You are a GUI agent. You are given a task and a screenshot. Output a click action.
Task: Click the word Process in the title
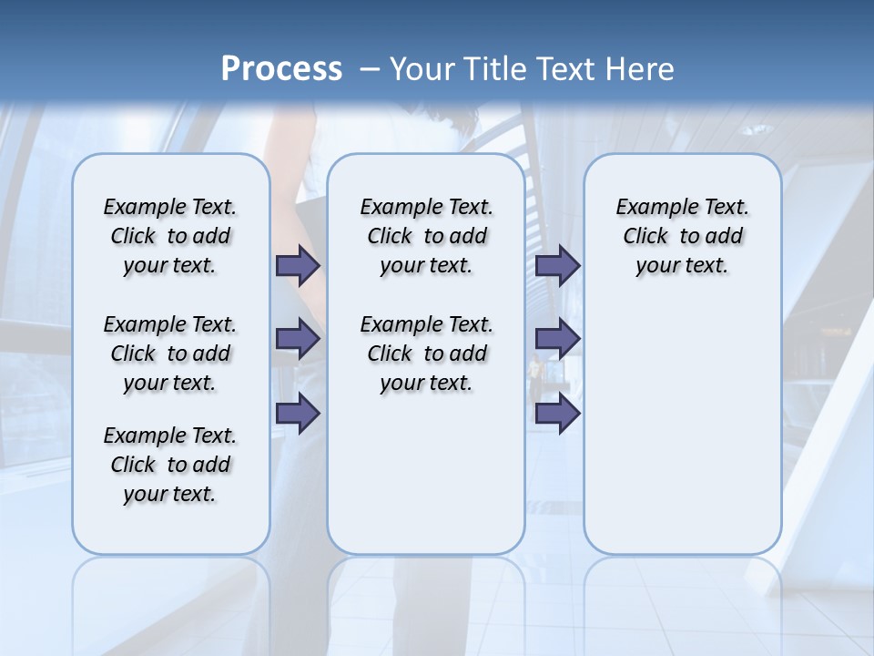(x=281, y=68)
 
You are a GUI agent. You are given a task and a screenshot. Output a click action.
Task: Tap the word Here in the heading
(x=641, y=68)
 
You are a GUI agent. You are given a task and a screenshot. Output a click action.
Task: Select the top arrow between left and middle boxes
(x=298, y=265)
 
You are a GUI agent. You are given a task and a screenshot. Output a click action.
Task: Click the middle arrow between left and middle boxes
(x=298, y=339)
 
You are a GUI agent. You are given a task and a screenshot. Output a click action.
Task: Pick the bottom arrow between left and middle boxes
(x=298, y=413)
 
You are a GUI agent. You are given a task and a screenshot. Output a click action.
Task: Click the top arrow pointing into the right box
(x=557, y=265)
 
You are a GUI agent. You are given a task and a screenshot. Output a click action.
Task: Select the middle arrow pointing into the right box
(x=557, y=339)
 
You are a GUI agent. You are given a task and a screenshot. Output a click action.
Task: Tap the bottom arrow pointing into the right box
(x=557, y=413)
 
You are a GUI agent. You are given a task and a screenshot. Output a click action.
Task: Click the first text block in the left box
(x=170, y=236)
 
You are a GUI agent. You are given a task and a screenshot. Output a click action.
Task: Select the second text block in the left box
(x=170, y=354)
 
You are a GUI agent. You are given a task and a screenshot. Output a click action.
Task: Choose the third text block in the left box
(x=170, y=465)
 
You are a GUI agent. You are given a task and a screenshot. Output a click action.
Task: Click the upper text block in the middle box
(x=426, y=236)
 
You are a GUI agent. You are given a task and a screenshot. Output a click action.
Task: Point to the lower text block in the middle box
(x=426, y=354)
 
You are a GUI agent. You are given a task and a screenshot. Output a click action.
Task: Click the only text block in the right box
(x=682, y=236)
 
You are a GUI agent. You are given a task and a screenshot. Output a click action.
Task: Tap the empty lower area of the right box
(x=682, y=428)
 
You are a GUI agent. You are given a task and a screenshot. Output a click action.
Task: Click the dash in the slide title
(x=369, y=68)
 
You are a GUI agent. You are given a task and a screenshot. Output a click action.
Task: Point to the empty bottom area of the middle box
(x=426, y=483)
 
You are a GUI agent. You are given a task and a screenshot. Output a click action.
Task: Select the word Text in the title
(x=560, y=68)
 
